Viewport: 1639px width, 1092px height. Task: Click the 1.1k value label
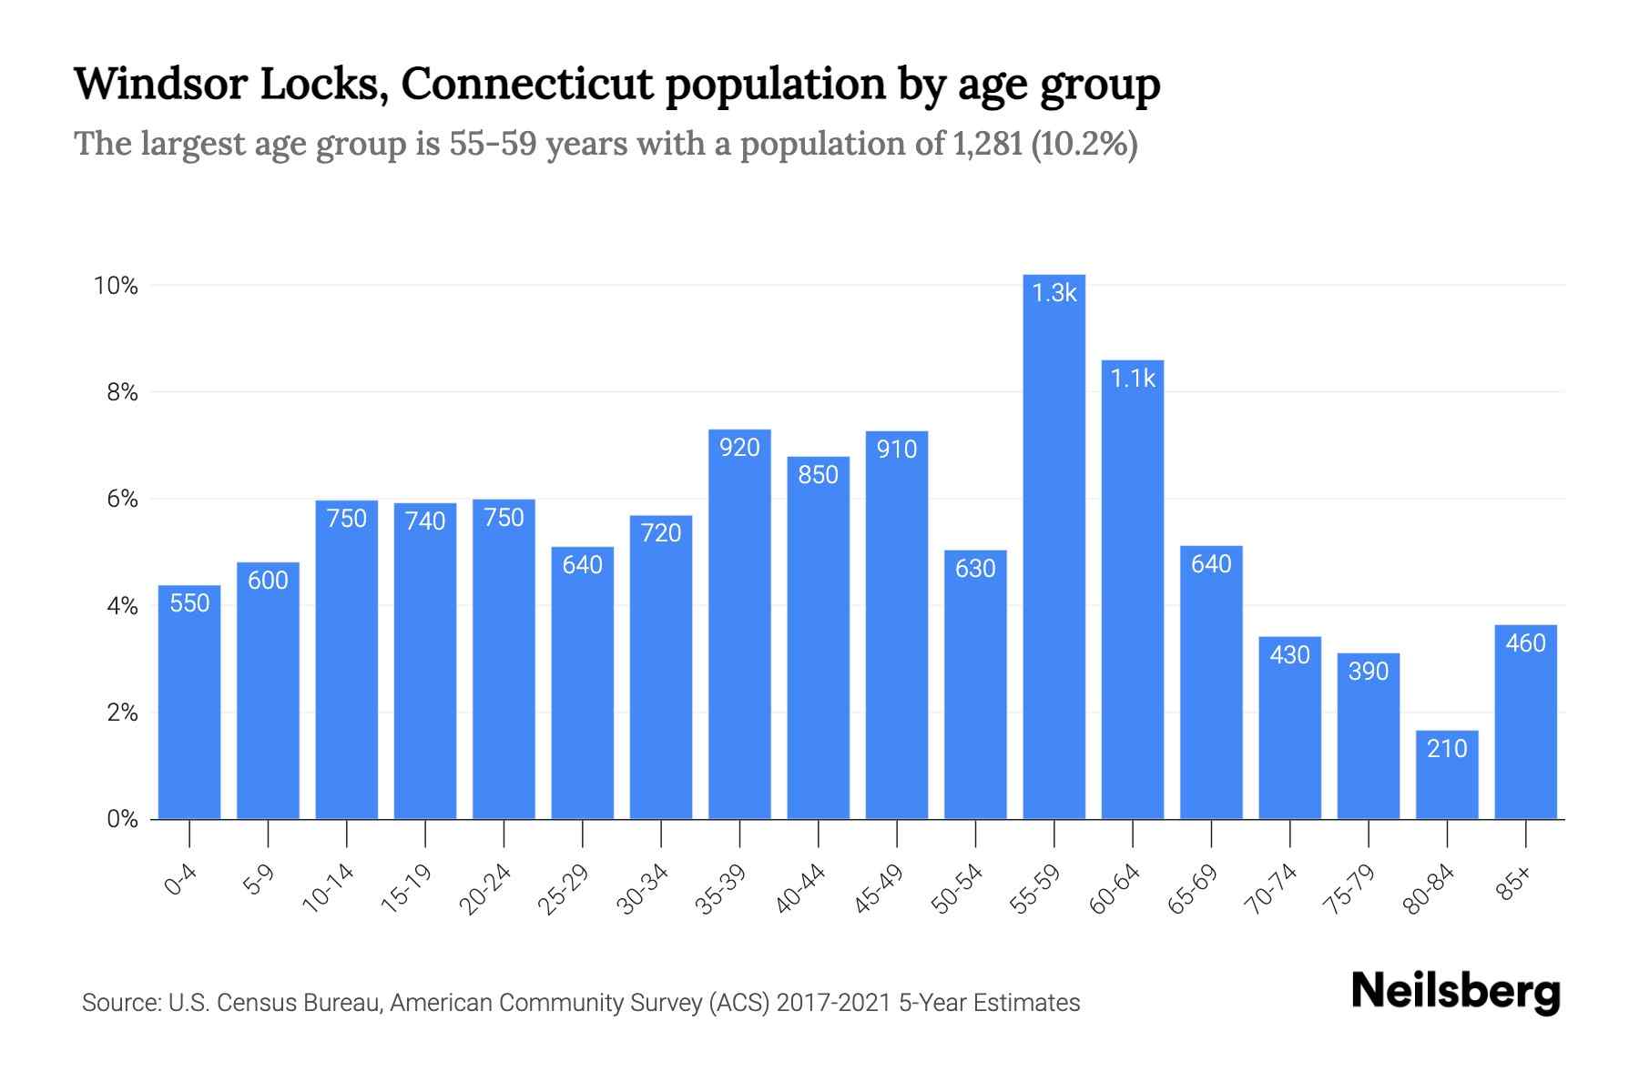tap(1133, 379)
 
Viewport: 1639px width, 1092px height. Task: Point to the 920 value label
tap(739, 448)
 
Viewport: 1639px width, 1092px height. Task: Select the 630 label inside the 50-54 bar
tap(975, 569)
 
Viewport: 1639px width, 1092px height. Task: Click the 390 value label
tap(1368, 672)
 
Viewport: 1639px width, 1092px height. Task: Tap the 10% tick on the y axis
tap(116, 286)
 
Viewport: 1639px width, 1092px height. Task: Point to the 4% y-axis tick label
tap(122, 606)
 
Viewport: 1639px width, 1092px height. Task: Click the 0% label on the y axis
tap(122, 819)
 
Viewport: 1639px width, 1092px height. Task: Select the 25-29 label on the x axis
tap(564, 889)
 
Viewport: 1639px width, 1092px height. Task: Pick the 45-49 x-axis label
tap(879, 889)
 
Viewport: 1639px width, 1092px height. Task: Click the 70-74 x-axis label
tap(1271, 889)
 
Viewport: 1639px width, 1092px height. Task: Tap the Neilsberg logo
tap(1455, 991)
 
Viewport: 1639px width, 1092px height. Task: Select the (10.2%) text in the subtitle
tap(1084, 144)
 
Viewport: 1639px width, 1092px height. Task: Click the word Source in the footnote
tap(119, 1003)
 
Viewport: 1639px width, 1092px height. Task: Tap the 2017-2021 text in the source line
tap(833, 1003)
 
